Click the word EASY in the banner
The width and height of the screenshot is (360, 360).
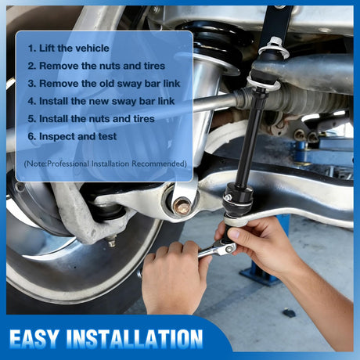click(x=34, y=339)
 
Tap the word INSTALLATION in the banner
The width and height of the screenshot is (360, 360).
click(x=135, y=339)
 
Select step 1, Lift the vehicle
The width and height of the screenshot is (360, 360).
click(x=69, y=49)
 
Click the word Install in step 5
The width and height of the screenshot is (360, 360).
click(x=54, y=119)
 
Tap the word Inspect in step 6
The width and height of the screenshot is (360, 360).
click(x=56, y=137)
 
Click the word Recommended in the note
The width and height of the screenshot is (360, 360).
click(x=159, y=164)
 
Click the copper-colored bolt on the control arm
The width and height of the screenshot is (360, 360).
click(x=182, y=207)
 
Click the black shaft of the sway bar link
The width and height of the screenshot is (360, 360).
click(x=250, y=141)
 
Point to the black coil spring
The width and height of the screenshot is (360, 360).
click(x=217, y=39)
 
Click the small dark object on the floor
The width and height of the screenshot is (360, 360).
click(x=289, y=312)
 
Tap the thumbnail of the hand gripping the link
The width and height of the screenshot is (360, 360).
click(x=235, y=233)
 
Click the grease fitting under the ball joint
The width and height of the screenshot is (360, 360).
click(x=112, y=241)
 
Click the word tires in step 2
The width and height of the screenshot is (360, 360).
click(x=154, y=66)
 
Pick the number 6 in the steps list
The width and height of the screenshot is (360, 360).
click(x=31, y=137)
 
